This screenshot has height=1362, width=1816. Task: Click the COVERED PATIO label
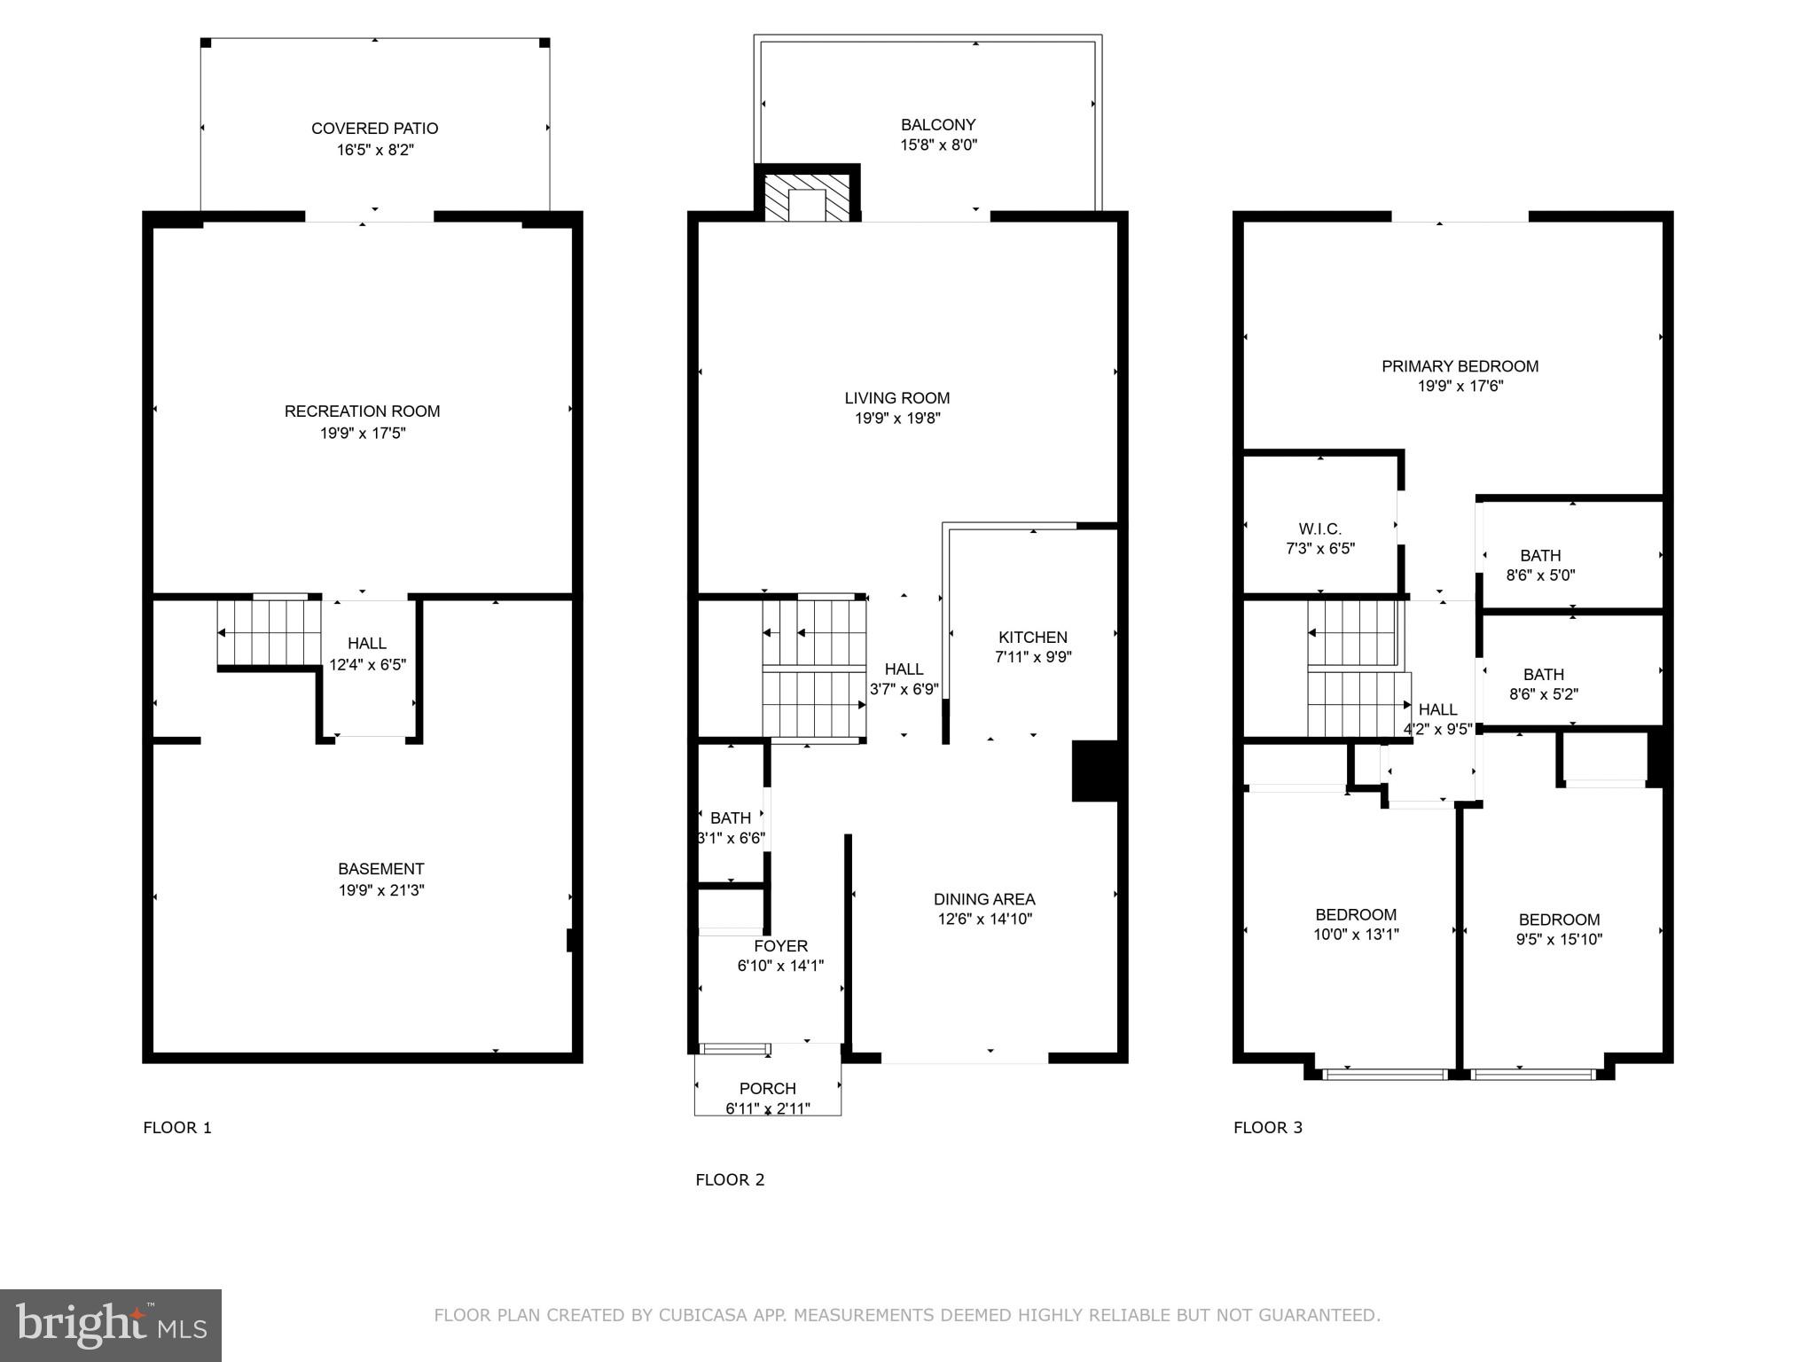point(374,129)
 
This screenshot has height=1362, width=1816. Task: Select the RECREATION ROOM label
point(362,411)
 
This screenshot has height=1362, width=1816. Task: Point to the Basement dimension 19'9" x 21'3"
point(381,890)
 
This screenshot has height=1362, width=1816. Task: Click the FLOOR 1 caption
point(177,1128)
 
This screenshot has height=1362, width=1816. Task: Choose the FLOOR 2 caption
point(730,1179)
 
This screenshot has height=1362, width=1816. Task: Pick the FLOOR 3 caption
point(1268,1128)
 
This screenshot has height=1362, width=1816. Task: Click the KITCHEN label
point(1033,638)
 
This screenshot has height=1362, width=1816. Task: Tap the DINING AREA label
point(984,899)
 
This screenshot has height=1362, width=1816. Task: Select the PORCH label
point(768,1089)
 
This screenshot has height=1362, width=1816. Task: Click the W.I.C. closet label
point(1320,529)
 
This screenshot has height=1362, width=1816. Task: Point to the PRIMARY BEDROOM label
point(1460,366)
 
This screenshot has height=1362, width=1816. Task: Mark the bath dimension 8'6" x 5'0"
point(1541,575)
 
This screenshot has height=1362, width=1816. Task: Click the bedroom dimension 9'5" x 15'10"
point(1559,940)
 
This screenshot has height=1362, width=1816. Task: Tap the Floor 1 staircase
point(269,633)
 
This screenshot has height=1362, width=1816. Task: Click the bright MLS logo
point(111,1325)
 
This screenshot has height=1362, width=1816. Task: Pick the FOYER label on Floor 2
point(780,946)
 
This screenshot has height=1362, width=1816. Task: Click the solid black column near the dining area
point(1095,771)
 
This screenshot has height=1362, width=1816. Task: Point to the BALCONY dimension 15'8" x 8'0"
point(938,145)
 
